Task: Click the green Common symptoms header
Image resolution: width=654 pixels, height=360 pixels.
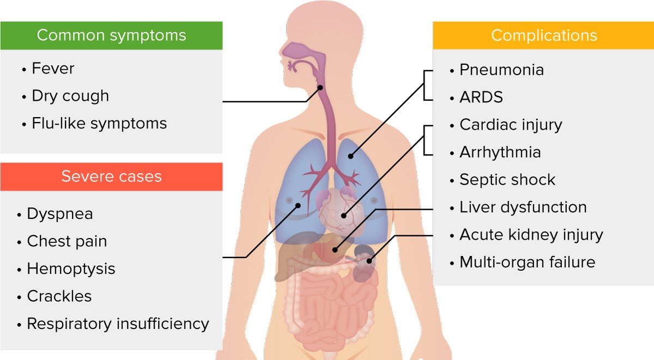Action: (111, 36)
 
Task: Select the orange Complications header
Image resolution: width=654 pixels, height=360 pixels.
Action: (543, 36)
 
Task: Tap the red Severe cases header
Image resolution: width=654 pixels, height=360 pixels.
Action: (111, 176)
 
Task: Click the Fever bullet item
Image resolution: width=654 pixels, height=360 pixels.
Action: (53, 69)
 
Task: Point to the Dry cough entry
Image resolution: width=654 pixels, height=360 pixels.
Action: (70, 96)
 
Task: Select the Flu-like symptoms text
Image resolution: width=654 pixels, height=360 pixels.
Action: (99, 124)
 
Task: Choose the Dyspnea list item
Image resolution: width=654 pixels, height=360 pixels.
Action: (60, 214)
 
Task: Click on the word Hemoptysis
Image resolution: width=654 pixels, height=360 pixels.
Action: (71, 269)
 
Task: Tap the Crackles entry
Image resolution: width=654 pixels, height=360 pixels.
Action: (59, 296)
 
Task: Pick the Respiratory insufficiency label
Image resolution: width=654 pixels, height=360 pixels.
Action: (118, 324)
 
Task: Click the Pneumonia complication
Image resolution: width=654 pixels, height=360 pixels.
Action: (501, 70)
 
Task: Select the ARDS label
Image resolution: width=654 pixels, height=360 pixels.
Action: (481, 97)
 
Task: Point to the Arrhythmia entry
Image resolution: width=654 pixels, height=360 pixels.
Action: (500, 152)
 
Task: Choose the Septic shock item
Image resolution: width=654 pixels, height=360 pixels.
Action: (507, 180)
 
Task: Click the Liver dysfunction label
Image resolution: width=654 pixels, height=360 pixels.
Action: (523, 208)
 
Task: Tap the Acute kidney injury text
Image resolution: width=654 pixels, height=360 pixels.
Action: (531, 235)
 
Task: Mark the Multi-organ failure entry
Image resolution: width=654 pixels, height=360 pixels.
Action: (527, 263)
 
